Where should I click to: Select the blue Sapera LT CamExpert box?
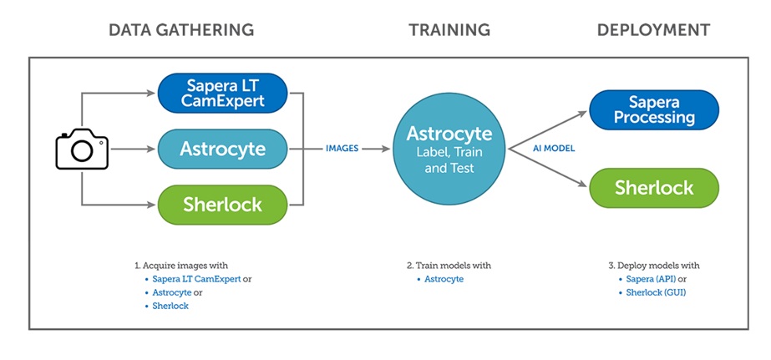pos(222,94)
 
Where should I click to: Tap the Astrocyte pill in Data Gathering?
pos(222,149)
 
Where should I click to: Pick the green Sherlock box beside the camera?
pos(222,204)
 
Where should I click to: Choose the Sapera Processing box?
pos(654,110)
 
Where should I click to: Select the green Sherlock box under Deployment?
pos(654,187)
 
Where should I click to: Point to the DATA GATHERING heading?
pos(181,30)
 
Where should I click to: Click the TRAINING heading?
pos(449,30)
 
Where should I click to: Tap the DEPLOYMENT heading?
pos(653,30)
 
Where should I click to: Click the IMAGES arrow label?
pos(342,148)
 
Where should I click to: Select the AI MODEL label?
pos(554,149)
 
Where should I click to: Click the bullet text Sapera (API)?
pos(655,279)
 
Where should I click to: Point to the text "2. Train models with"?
pos(449,266)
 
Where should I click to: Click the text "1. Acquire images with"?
pos(181,266)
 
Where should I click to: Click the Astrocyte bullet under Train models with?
pos(444,279)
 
